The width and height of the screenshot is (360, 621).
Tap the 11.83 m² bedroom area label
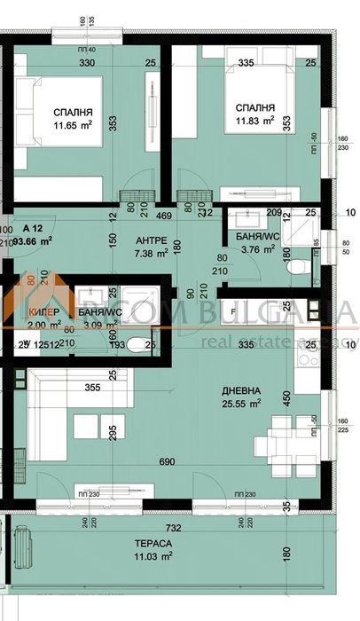click(252, 122)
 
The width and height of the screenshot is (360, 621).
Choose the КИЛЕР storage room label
click(43, 313)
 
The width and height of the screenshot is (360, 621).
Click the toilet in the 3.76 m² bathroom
click(301, 264)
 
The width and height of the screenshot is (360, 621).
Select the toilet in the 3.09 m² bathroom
click(133, 346)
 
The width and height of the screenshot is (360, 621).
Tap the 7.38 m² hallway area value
click(153, 254)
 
